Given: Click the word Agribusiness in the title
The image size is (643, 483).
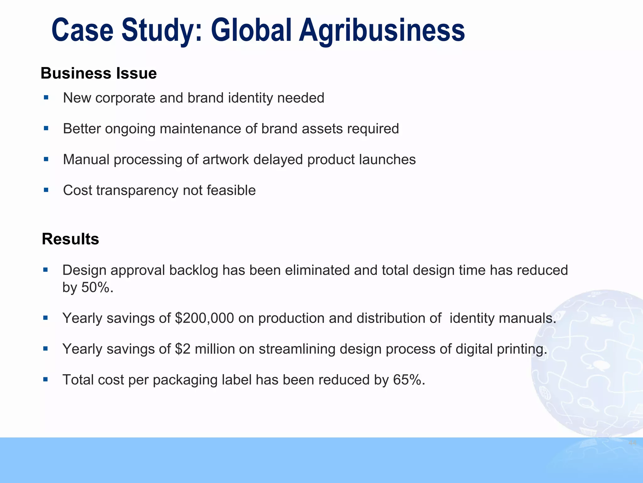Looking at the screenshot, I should [381, 31].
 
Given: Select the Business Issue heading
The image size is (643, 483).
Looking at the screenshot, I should [99, 73].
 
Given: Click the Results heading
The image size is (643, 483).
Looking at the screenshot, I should [70, 239].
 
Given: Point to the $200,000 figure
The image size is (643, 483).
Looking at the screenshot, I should [204, 318].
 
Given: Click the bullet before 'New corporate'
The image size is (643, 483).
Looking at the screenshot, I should [46, 98].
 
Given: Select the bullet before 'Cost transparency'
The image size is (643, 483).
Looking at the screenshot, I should [46, 190].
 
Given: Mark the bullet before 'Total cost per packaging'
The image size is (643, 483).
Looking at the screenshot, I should [46, 380].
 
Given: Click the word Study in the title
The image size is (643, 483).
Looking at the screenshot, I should [158, 31].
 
